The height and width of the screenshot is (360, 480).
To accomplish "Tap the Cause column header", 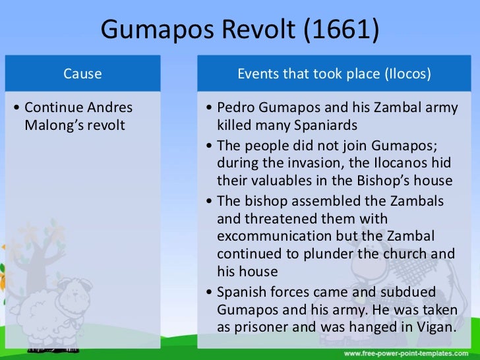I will (x=82, y=74).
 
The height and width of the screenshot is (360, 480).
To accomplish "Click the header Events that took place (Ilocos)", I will (x=334, y=74).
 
